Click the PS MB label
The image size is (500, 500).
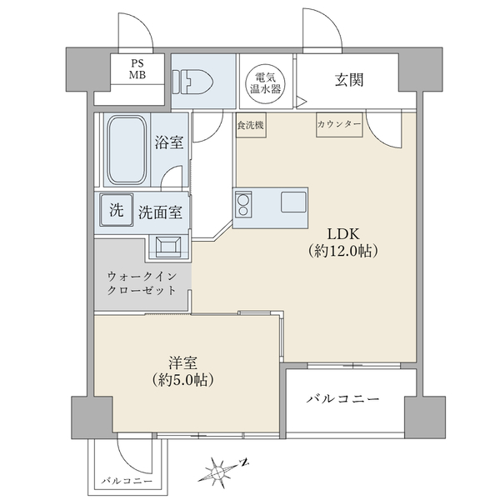(137, 69)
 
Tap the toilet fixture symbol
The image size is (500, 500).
(193, 82)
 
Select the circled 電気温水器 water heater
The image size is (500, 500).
(266, 84)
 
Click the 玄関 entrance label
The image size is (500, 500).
(349, 80)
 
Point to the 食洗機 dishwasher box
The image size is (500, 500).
(251, 125)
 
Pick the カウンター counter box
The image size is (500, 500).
(339, 125)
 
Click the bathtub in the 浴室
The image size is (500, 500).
(127, 150)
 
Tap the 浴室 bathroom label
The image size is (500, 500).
(169, 142)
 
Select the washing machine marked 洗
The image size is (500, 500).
(117, 210)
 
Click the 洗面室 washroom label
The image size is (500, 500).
(160, 212)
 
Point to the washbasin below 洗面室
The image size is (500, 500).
(168, 247)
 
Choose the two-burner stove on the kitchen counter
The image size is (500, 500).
(243, 205)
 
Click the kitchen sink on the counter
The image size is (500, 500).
(293, 202)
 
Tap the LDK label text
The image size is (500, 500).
(343, 234)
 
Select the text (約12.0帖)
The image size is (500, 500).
(343, 252)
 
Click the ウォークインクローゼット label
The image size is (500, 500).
(142, 283)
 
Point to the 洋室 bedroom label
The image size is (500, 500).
(183, 363)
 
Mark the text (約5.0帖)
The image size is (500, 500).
(182, 380)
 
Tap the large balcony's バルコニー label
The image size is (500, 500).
(342, 399)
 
